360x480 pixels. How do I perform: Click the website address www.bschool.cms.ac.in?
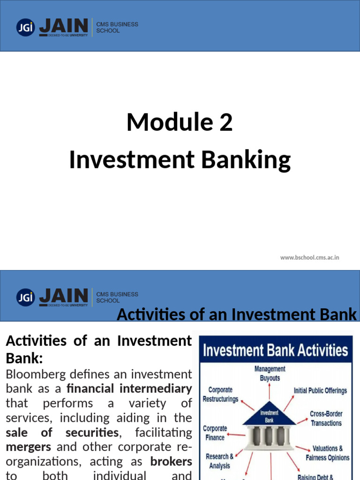click(x=309, y=257)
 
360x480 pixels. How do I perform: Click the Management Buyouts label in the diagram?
click(x=270, y=374)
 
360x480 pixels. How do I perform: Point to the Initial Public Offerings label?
click(x=320, y=390)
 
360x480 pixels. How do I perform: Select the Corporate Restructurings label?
click(x=220, y=394)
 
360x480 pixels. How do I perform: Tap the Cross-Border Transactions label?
click(x=326, y=418)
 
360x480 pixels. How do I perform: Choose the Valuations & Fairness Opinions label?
click(x=327, y=453)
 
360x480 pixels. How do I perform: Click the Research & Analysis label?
click(x=219, y=461)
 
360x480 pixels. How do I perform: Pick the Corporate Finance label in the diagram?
click(x=215, y=433)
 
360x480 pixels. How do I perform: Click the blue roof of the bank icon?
click(x=269, y=412)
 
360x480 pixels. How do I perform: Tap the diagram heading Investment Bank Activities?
click(x=275, y=350)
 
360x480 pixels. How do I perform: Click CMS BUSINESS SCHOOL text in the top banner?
click(x=117, y=27)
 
